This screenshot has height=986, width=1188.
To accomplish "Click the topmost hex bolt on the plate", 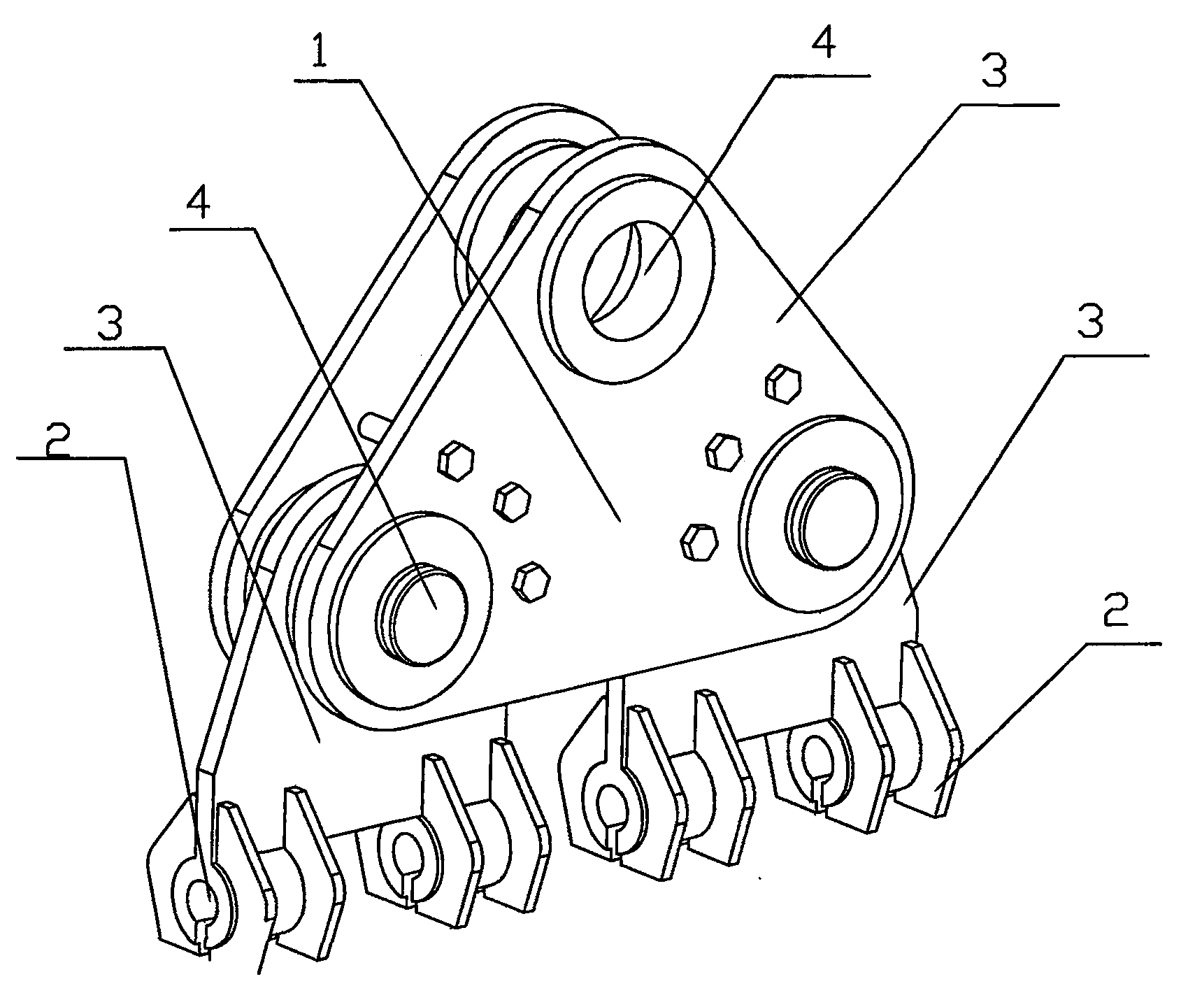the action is coord(783,382).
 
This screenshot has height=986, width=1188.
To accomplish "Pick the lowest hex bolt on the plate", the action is coord(531,580).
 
